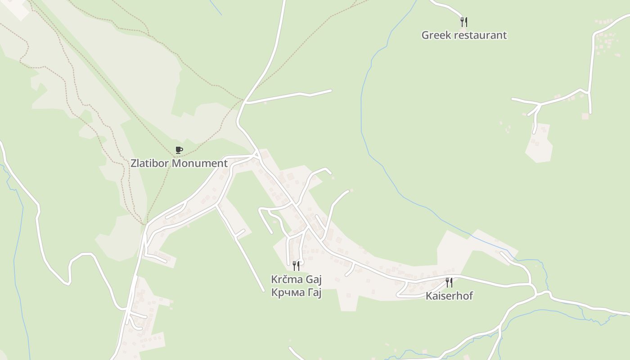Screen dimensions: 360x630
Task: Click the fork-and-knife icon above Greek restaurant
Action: coord(464,22)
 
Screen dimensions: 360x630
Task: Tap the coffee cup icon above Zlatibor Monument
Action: coord(179,150)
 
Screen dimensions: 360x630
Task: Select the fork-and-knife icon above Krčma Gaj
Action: coord(296,266)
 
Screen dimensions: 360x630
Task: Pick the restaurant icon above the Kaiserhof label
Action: coord(449,283)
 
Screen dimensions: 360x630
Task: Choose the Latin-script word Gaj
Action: coord(314,280)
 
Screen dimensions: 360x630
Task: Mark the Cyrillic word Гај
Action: coord(314,293)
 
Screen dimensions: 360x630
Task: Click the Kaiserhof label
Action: coord(449,296)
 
